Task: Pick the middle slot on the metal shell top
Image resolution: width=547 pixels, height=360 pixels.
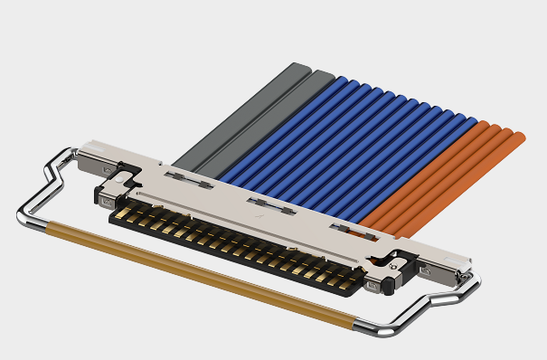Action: [270, 205]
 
